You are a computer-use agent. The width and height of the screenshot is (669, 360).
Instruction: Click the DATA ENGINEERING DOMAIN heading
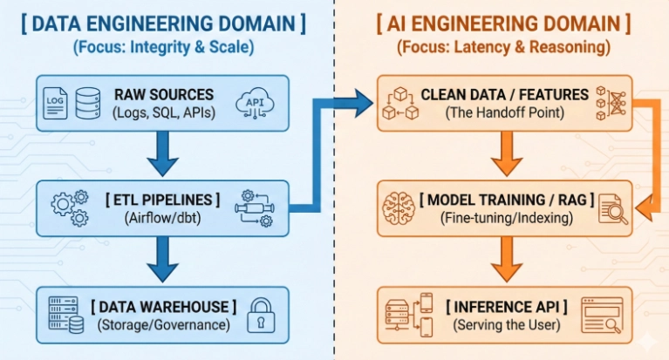pyautogui.click(x=162, y=24)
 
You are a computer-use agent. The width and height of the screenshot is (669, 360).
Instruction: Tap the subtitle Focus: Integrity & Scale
pyautogui.click(x=162, y=49)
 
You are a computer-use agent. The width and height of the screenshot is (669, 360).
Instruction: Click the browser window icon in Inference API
pyautogui.click(x=602, y=315)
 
